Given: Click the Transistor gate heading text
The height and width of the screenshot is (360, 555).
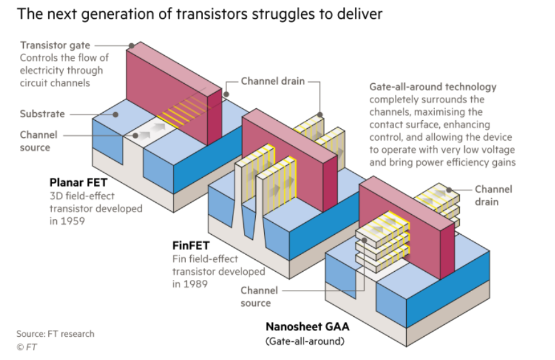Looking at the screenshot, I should tap(55, 45).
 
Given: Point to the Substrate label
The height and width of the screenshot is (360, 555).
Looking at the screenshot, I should tap(42, 114).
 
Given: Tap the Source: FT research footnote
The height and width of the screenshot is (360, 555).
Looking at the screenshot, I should tap(55, 334).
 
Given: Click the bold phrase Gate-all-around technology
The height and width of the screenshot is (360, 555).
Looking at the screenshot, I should tap(432, 87).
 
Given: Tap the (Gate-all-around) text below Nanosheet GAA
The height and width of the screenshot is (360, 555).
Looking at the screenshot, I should tap(304, 341).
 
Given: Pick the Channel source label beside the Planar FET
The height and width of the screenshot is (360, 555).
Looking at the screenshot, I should tap(38, 141).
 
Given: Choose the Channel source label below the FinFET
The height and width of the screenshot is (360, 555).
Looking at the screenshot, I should tap(255, 297).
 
